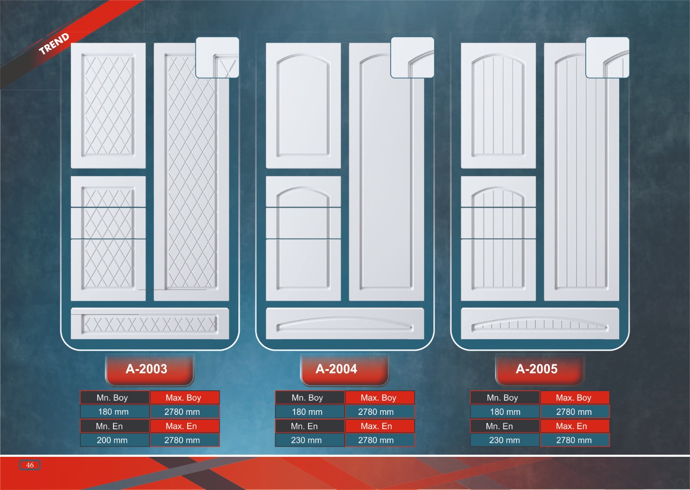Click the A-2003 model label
coord(147,369)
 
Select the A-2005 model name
coord(537,369)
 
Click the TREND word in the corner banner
coord(54,44)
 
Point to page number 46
coord(30,465)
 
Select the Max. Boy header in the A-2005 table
coord(574,398)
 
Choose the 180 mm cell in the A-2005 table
coord(505,412)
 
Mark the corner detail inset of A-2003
coord(217,57)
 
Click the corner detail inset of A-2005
coord(607,57)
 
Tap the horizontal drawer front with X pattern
coord(150,323)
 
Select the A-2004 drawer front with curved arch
coord(345,323)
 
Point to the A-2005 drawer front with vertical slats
coord(539,323)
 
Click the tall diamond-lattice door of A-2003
coord(191,181)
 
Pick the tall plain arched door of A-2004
coord(386,181)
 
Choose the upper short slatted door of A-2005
coord(498,105)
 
